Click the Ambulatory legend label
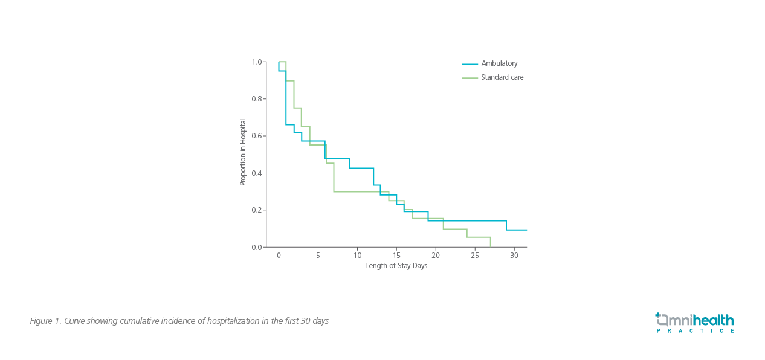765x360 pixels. pyautogui.click(x=499, y=63)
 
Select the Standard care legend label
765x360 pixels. pyautogui.click(x=502, y=77)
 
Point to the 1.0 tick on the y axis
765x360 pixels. pyautogui.click(x=257, y=62)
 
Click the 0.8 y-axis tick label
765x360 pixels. pyautogui.click(x=257, y=99)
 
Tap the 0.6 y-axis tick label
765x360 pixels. pyautogui.click(x=257, y=136)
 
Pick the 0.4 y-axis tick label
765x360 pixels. pyautogui.click(x=257, y=173)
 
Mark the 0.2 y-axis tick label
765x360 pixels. pyautogui.click(x=257, y=210)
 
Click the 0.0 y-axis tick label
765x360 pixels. pyautogui.click(x=257, y=247)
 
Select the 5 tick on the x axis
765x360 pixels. pyautogui.click(x=318, y=256)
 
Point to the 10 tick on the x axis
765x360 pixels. pyautogui.click(x=357, y=256)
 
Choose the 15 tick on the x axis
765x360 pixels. pyautogui.click(x=396, y=256)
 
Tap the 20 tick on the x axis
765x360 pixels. pyautogui.click(x=436, y=256)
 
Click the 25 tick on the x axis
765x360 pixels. pyautogui.click(x=475, y=256)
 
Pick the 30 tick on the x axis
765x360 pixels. pyautogui.click(x=514, y=256)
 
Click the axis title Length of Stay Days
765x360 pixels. pyautogui.click(x=396, y=266)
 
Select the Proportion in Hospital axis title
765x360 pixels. pyautogui.click(x=243, y=152)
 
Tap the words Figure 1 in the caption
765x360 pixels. pyautogui.click(x=45, y=321)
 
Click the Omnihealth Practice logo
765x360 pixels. pyautogui.click(x=694, y=323)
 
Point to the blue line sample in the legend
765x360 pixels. pyautogui.click(x=470, y=64)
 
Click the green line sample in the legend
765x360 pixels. pyautogui.click(x=470, y=78)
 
